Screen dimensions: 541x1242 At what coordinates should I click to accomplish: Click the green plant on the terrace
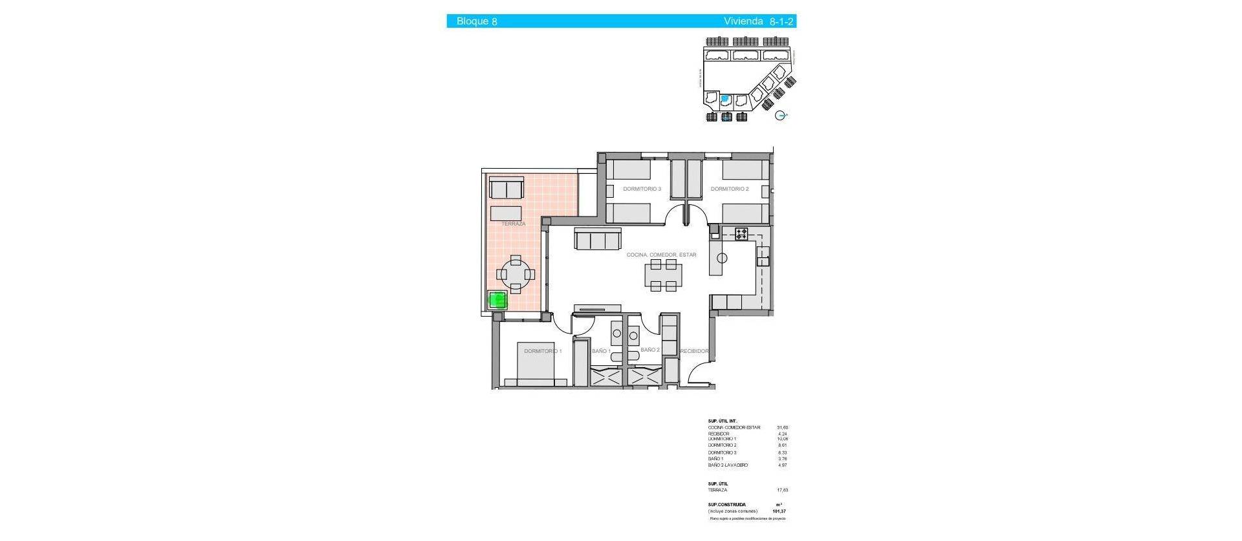tap(497, 301)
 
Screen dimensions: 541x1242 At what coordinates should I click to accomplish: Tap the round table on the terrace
tap(516, 274)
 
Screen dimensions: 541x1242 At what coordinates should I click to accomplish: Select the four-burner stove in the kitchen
tap(741, 234)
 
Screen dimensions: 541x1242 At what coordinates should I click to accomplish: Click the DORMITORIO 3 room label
tap(642, 189)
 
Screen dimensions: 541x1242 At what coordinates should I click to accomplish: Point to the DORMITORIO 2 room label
tap(729, 189)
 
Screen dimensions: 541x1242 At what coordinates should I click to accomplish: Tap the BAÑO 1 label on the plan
tap(601, 351)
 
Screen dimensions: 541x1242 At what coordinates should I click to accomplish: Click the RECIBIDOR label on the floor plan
tap(694, 351)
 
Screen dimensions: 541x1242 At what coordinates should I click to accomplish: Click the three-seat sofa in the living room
tap(598, 240)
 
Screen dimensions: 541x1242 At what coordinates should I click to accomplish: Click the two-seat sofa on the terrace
tap(507, 189)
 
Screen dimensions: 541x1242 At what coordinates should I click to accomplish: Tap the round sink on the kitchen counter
tap(722, 259)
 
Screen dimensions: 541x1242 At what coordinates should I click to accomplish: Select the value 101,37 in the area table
tap(779, 511)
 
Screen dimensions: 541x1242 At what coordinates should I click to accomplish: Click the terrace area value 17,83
tap(782, 490)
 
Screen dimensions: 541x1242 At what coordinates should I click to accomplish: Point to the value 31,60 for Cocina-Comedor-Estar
tap(782, 427)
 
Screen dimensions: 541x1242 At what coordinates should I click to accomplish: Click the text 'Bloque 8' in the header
tap(477, 21)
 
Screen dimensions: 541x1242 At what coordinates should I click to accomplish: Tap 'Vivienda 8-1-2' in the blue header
tap(758, 21)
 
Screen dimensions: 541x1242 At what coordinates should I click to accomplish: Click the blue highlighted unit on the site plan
tap(725, 100)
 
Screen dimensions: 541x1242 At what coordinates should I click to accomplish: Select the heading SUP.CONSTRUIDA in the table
tap(726, 505)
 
